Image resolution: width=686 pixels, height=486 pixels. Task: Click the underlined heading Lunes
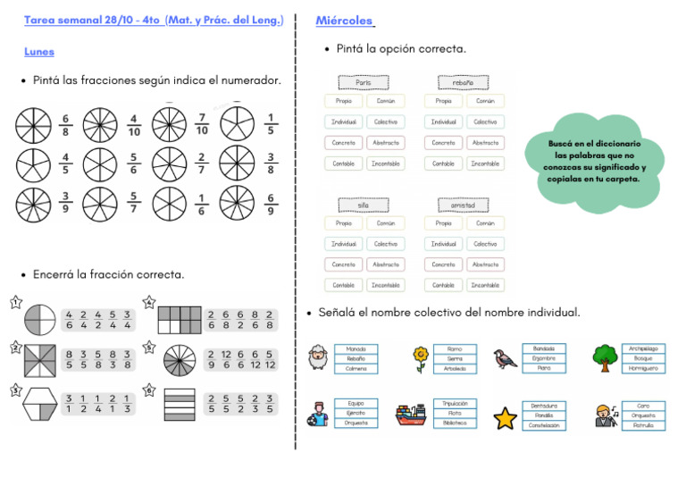point(38,52)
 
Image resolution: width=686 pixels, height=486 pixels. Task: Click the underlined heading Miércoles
point(344,21)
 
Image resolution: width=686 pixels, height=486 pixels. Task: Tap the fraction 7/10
point(202,124)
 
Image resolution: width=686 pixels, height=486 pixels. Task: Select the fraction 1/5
point(270,124)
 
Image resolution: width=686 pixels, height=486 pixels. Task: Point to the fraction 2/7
point(202,164)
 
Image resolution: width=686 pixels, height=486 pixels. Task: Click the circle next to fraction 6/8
point(33,125)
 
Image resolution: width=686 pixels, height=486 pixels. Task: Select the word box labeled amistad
point(463,205)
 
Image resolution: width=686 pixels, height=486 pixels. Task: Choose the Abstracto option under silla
point(386,264)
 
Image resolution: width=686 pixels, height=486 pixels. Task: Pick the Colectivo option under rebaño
point(485,121)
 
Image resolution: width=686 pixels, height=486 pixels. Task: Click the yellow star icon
point(506,415)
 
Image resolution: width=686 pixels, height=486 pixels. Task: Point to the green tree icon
point(605,357)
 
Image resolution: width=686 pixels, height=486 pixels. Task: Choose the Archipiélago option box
point(643,348)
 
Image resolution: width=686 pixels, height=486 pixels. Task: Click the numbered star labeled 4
point(149,304)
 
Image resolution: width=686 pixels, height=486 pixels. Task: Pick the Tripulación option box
point(455,404)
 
